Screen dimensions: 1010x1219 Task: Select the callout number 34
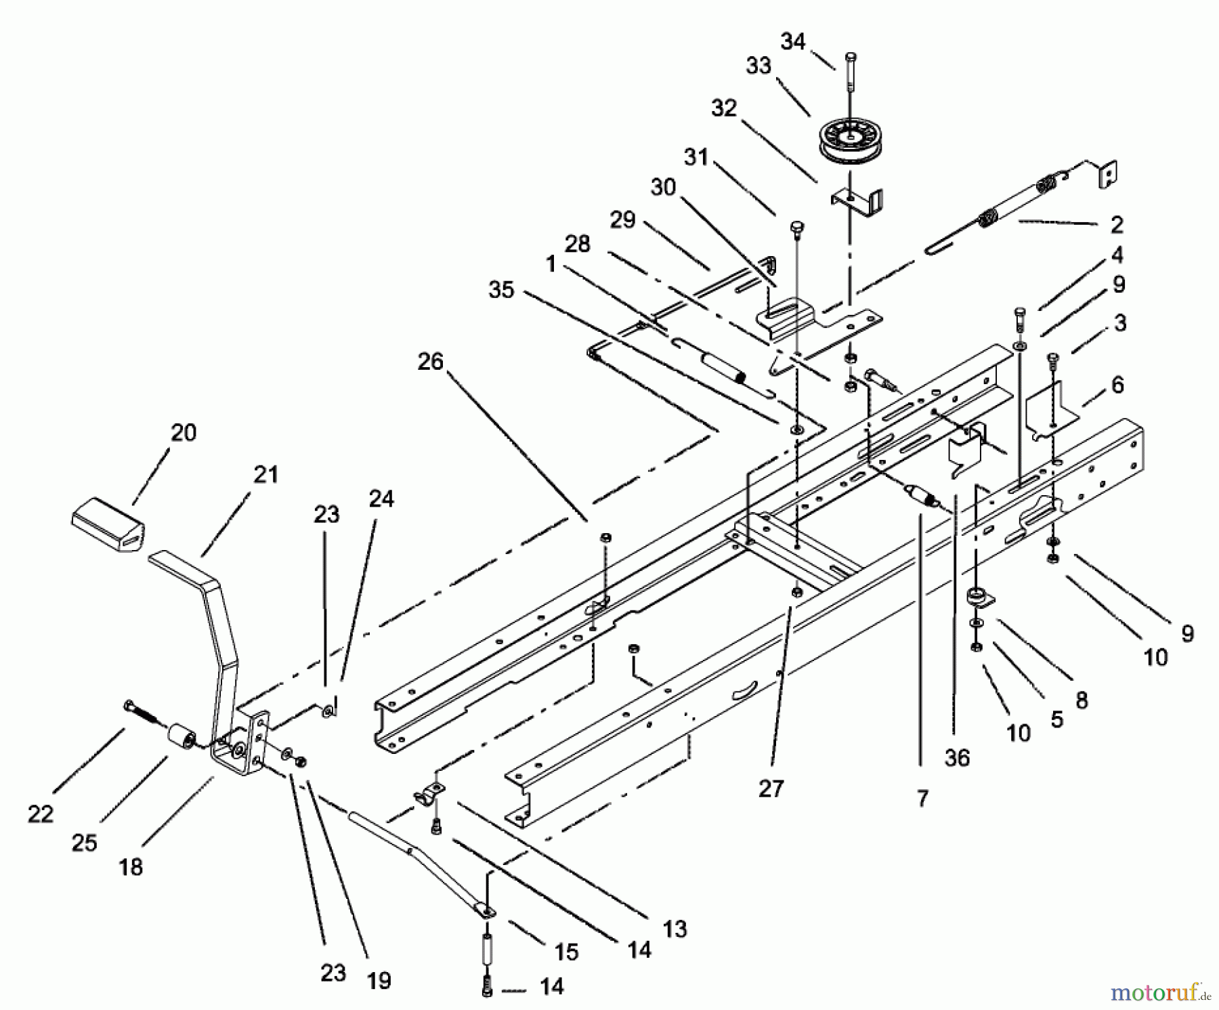pyautogui.click(x=793, y=41)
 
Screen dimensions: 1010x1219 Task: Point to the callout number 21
pyautogui.click(x=265, y=474)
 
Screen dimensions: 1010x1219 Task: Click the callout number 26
pyautogui.click(x=430, y=362)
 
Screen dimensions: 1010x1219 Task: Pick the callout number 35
pyautogui.click(x=502, y=289)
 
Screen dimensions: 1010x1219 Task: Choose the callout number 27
pyautogui.click(x=771, y=788)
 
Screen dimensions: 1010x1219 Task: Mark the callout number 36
pyautogui.click(x=957, y=757)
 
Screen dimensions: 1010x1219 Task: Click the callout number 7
pyautogui.click(x=922, y=799)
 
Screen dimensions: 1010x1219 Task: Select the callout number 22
pyautogui.click(x=41, y=814)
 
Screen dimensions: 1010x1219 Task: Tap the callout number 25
pyautogui.click(x=85, y=843)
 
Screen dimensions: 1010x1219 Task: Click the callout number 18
pyautogui.click(x=131, y=866)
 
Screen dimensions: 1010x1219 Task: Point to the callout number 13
pyautogui.click(x=675, y=928)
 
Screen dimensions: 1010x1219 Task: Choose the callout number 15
pyautogui.click(x=566, y=952)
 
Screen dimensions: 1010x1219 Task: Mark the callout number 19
pyautogui.click(x=379, y=980)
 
